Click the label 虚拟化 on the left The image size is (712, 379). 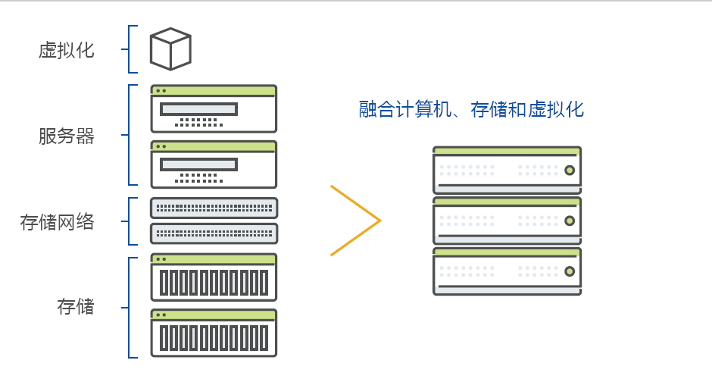67,51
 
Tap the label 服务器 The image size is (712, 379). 67,136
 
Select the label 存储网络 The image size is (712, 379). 58,222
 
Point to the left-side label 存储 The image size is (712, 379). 76,306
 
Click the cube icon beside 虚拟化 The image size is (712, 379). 170,49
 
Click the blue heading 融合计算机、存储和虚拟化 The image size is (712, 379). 471,109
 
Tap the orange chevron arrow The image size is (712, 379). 356,221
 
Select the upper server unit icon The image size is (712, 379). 214,109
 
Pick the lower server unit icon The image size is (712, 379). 214,164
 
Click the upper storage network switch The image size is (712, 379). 214,207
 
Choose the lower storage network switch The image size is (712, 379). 214,233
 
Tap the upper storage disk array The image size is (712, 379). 214,277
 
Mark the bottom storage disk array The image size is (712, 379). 214,333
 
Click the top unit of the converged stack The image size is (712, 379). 507,170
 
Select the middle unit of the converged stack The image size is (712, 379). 507,221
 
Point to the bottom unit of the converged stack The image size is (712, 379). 507,271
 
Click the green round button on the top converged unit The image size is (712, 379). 570,170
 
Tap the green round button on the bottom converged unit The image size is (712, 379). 570,271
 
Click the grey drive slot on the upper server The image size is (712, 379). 198,108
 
